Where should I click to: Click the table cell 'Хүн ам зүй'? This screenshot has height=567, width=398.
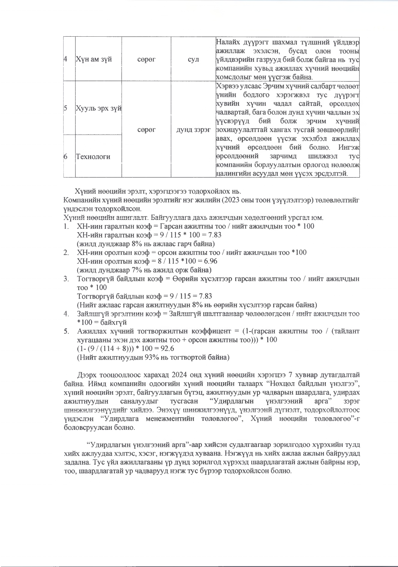pos(93,59)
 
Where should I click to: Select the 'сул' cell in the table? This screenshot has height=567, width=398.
pos(193,59)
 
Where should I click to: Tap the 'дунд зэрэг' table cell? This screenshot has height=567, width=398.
pos(193,130)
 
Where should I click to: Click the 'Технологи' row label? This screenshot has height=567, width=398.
pos(93,156)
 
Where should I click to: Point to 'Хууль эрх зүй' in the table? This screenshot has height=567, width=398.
pos(98,108)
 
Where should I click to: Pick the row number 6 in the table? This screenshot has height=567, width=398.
pos(66,156)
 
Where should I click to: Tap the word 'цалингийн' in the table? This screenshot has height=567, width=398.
pos(230,174)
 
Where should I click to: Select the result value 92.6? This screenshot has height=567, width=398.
pos(176,349)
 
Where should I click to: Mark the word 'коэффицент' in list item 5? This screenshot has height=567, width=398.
pos(211,331)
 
